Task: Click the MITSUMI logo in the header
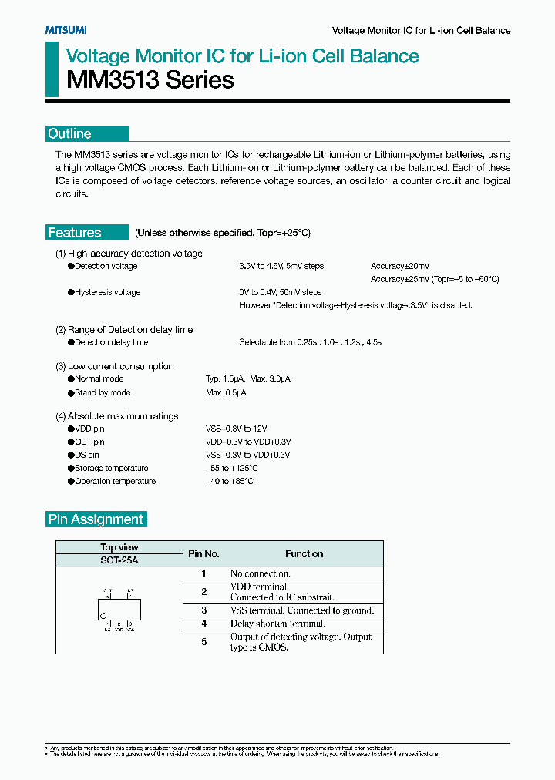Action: click(x=65, y=30)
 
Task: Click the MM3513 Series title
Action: click(x=140, y=80)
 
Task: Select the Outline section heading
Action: click(x=70, y=133)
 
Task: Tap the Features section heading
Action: click(x=75, y=233)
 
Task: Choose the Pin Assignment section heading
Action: click(x=96, y=519)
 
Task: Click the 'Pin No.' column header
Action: click(x=204, y=553)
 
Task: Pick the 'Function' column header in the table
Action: click(x=304, y=553)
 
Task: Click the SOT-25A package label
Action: click(x=119, y=560)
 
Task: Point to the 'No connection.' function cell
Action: click(x=260, y=573)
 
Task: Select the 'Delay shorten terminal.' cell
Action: click(x=277, y=623)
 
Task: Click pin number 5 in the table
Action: click(x=204, y=641)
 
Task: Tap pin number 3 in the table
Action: click(x=204, y=610)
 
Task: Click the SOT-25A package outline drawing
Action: click(x=119, y=610)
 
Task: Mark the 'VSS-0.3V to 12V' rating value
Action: click(x=237, y=429)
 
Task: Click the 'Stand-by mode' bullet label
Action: click(x=103, y=392)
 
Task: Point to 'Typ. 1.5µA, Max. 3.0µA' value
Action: click(x=248, y=379)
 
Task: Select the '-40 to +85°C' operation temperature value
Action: click(x=230, y=481)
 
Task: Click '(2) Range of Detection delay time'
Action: click(x=124, y=329)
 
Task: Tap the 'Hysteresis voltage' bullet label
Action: click(x=107, y=292)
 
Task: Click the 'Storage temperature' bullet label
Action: click(x=111, y=468)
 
